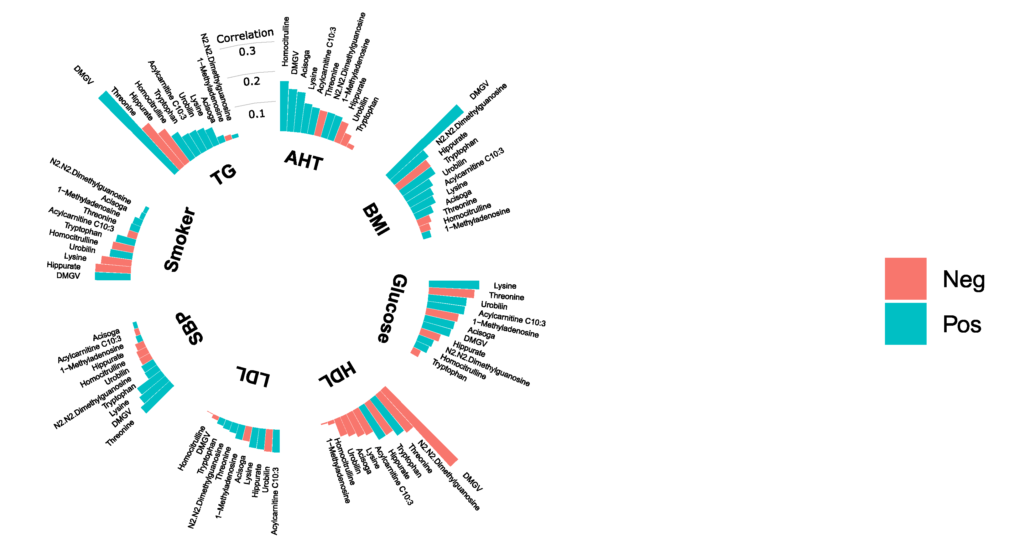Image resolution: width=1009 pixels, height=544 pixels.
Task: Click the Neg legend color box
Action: [905, 278]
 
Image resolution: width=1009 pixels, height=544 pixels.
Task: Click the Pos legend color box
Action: [905, 324]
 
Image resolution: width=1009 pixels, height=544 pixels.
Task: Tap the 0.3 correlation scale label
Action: [247, 51]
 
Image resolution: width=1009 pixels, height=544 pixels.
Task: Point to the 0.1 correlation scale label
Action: [257, 114]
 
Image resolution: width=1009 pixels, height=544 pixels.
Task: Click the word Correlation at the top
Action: [245, 36]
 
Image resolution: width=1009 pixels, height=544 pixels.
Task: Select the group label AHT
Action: [304, 160]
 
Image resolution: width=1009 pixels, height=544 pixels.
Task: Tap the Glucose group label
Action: [393, 308]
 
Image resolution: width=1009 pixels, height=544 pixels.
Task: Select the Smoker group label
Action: [179, 239]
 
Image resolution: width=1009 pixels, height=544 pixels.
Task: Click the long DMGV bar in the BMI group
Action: [425, 141]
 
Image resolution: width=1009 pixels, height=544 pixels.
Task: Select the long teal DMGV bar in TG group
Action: [137, 132]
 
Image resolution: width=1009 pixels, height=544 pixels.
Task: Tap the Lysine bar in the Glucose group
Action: [454, 285]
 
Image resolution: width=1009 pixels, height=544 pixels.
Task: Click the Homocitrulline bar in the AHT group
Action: [284, 106]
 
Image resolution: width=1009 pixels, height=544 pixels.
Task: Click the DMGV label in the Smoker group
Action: [68, 276]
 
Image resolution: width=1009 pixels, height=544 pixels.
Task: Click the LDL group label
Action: [253, 377]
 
